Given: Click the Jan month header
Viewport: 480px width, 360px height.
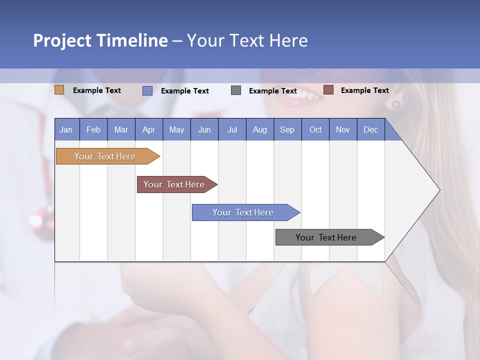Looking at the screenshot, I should click(x=66, y=130).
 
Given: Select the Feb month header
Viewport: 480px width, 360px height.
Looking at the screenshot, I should click(x=93, y=130).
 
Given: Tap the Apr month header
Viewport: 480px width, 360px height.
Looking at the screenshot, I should click(x=148, y=130).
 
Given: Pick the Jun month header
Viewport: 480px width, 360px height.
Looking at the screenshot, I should click(x=204, y=130).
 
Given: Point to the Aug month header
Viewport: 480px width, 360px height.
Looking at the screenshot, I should click(x=259, y=130).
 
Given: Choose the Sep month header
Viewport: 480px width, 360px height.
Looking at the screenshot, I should click(x=287, y=130).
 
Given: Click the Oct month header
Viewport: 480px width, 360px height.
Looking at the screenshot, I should click(x=315, y=130).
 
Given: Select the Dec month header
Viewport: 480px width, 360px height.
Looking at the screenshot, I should click(x=370, y=130).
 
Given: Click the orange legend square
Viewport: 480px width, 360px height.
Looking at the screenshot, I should click(x=59, y=90).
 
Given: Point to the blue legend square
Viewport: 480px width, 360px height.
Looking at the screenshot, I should click(x=147, y=90).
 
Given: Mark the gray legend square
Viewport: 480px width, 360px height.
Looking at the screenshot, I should click(x=236, y=90).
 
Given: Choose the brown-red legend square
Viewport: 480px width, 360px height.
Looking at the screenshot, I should click(x=328, y=90).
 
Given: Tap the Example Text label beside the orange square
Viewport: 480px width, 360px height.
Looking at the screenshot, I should click(x=97, y=90).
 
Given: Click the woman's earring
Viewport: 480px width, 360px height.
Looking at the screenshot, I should click(x=396, y=104).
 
